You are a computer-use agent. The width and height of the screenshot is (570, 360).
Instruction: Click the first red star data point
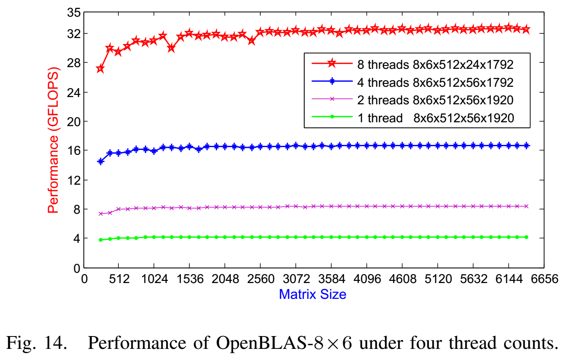pyautogui.click(x=100, y=69)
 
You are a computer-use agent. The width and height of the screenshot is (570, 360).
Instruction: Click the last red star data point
pyautogui.click(x=526, y=30)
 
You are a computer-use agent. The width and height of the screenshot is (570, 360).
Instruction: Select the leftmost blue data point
pyautogui.click(x=100, y=161)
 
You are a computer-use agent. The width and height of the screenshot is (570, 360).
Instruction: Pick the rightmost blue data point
pyautogui.click(x=526, y=145)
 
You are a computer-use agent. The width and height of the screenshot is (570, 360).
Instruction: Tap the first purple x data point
pyautogui.click(x=101, y=213)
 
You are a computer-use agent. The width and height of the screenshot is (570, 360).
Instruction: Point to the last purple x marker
pyautogui.click(x=526, y=206)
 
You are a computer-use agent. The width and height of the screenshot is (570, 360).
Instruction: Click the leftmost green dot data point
pyautogui.click(x=101, y=240)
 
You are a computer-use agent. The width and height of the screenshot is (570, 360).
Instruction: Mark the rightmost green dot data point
pyautogui.click(x=526, y=237)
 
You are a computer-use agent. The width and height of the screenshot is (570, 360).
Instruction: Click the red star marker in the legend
pyautogui.click(x=331, y=64)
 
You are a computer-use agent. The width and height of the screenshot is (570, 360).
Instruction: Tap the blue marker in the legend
pyautogui.click(x=331, y=82)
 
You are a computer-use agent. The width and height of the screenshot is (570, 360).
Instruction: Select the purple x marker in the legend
pyautogui.click(x=331, y=99)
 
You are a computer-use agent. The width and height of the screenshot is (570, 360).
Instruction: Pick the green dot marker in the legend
pyautogui.click(x=331, y=117)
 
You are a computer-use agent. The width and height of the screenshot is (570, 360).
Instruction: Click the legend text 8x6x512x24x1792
pyautogui.click(x=463, y=65)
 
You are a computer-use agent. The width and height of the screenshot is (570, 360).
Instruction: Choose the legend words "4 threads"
pyautogui.click(x=383, y=82)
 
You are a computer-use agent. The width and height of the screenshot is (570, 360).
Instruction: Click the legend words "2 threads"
pyautogui.click(x=383, y=100)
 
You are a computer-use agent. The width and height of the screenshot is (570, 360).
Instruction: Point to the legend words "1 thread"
pyautogui.click(x=380, y=118)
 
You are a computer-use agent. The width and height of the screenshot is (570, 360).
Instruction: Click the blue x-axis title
pyautogui.click(x=313, y=294)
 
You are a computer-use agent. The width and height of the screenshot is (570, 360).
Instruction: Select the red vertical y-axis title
pyautogui.click(x=53, y=140)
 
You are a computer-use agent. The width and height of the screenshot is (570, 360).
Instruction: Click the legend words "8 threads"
pyautogui.click(x=383, y=65)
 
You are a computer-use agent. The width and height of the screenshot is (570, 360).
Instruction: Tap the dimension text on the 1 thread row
pyautogui.click(x=463, y=118)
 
